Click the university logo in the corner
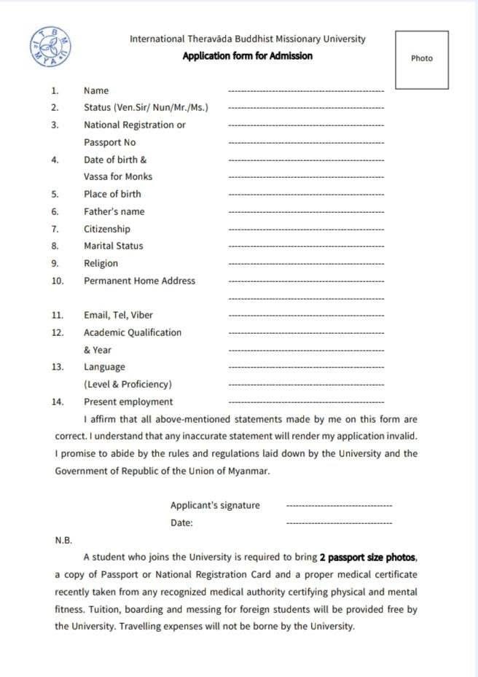51,48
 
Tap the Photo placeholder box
422,59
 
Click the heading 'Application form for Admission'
248,56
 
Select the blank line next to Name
306,91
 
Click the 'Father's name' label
114,211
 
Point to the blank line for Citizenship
306,230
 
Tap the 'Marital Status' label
113,246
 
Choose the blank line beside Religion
306,264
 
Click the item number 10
58,281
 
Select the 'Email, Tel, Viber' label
118,316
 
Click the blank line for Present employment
306,402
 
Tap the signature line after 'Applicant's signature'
339,506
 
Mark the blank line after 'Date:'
339,523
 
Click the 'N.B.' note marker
63,541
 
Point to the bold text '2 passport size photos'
367,557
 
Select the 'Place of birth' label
112,194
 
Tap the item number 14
58,402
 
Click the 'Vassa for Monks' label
118,176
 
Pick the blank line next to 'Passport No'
306,143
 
